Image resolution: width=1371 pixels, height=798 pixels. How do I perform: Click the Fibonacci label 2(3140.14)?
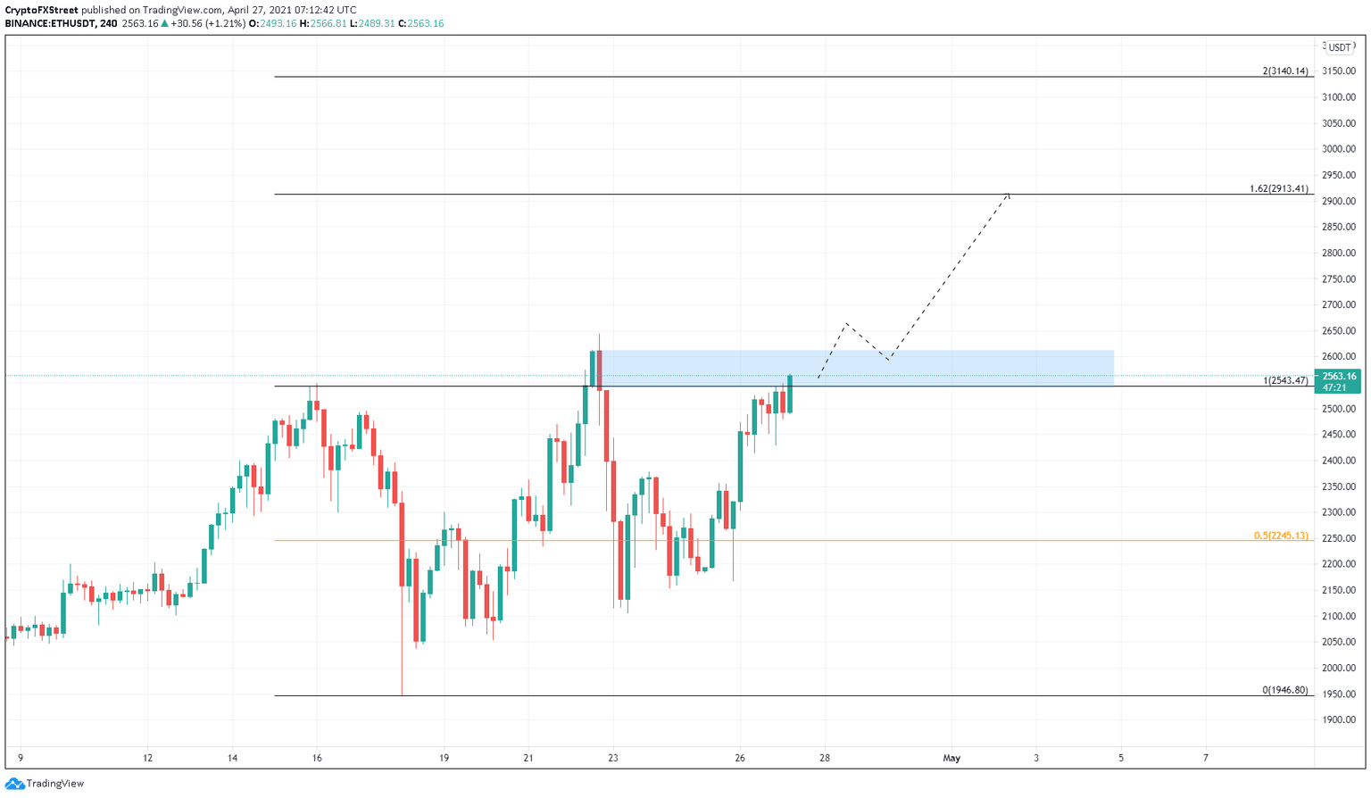point(1284,71)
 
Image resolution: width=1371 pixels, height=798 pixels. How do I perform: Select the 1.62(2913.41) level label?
point(1278,188)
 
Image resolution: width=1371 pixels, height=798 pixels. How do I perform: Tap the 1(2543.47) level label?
point(1285,380)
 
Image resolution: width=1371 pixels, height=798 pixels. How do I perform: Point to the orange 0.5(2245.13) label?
point(1280,536)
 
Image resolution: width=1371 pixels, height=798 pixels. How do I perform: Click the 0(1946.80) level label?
point(1284,690)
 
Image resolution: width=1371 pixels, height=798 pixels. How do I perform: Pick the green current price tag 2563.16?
point(1339,377)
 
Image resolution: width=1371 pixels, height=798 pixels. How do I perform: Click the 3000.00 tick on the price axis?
point(1339,149)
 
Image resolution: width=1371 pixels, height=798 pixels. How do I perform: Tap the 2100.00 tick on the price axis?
point(1339,616)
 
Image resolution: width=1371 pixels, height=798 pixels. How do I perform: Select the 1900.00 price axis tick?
point(1339,719)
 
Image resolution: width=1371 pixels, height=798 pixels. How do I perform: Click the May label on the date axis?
point(951,758)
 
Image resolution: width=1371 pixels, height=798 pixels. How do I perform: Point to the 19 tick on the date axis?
point(444,758)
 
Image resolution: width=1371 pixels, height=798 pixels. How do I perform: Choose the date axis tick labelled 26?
point(740,758)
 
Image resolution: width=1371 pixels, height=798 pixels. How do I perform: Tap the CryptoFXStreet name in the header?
point(42,10)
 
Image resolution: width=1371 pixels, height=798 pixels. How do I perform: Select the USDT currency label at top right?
point(1339,47)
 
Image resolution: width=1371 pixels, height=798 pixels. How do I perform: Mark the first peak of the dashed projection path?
point(845,323)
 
